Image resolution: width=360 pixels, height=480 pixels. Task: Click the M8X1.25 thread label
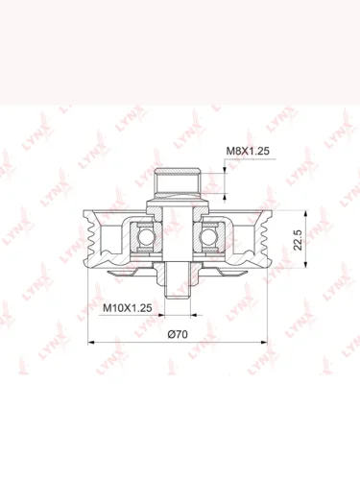point(248,151)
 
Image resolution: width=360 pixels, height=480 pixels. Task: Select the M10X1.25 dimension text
point(127,308)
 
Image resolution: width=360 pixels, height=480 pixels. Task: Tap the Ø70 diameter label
point(178,334)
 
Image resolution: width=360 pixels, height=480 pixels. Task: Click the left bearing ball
point(144,237)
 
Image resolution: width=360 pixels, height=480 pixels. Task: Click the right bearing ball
point(206,237)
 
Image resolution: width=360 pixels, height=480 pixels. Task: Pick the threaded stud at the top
point(178,182)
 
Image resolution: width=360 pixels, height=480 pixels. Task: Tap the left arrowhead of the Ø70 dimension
point(91,343)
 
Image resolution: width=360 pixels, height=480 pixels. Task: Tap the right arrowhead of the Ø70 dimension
point(264,343)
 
